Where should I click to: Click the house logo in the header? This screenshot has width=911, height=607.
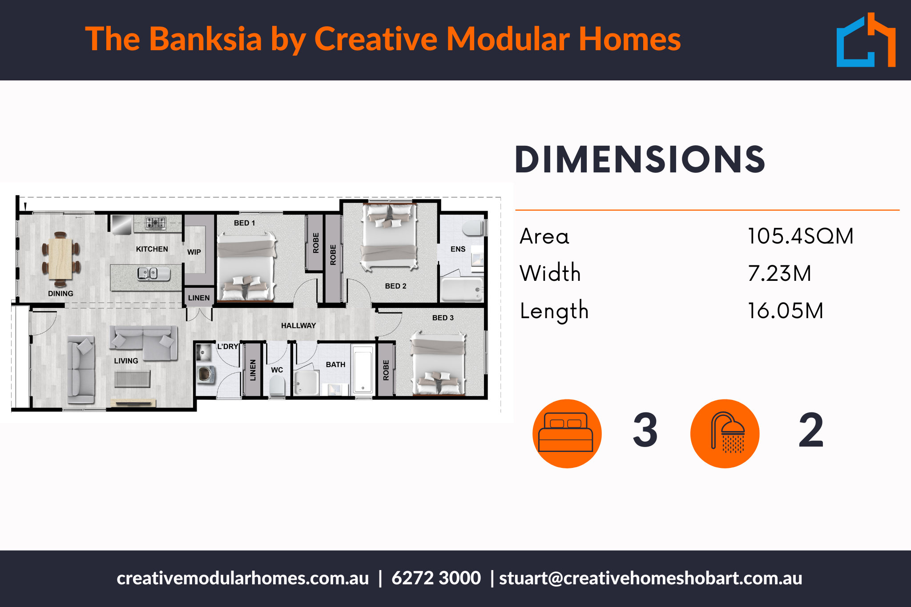866,40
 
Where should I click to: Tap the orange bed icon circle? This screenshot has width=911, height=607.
567,433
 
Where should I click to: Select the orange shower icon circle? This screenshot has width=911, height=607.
725,433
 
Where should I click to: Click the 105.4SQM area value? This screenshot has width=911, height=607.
800,236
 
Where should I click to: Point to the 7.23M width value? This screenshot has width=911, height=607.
780,273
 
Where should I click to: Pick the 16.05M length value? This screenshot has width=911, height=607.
786,311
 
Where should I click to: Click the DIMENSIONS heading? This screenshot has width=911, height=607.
640,160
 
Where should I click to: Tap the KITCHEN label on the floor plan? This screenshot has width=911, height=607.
152,249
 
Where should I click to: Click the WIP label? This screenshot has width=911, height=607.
194,252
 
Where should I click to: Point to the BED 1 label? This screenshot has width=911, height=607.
245,223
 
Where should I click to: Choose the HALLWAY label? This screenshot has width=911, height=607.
298,326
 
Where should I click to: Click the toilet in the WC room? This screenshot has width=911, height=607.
277,385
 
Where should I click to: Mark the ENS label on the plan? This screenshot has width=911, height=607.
458,249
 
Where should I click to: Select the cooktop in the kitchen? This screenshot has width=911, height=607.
156,223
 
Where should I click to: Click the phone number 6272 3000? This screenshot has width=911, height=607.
436,578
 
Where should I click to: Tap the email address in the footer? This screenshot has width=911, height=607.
651,578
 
